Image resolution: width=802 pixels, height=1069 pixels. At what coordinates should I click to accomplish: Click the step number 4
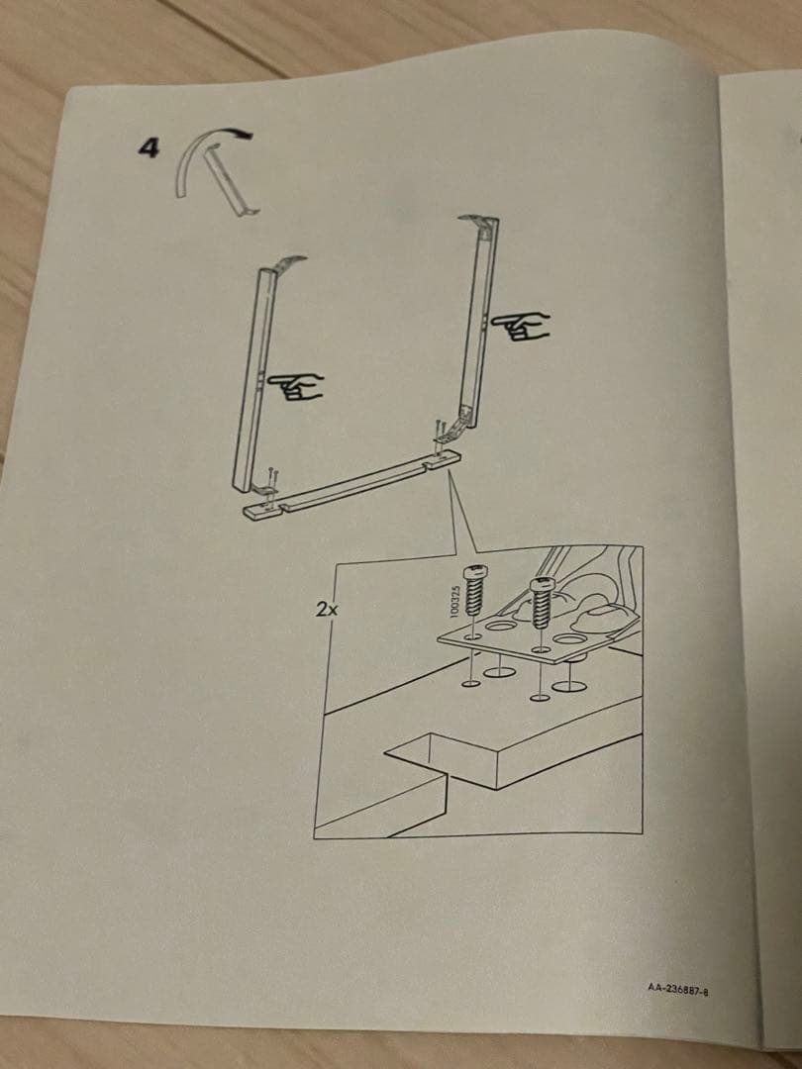click(x=149, y=149)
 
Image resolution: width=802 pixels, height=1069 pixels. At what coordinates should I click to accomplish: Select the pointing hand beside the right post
click(x=523, y=326)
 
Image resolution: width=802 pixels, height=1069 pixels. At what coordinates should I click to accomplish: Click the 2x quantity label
click(x=327, y=610)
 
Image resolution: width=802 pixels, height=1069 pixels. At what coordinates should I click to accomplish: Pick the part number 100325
click(x=454, y=602)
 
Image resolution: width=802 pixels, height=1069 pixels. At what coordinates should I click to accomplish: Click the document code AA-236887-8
click(x=679, y=988)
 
